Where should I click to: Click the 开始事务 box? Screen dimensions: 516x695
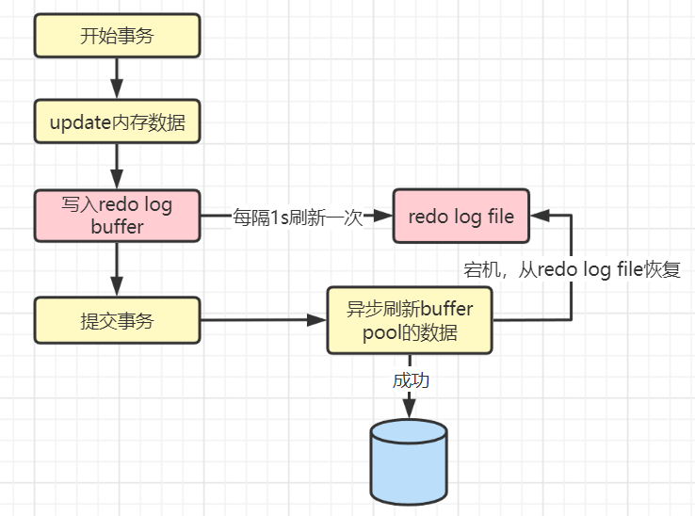click(x=118, y=37)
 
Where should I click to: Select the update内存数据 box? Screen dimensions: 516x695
click(x=118, y=121)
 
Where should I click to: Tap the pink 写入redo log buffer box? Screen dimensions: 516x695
click(x=118, y=216)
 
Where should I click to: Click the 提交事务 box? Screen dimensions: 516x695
click(x=118, y=320)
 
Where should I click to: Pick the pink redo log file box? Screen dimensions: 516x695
click(x=461, y=216)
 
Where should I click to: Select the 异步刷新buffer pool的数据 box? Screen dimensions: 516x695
click(x=410, y=321)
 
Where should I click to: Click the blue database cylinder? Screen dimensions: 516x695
click(x=409, y=462)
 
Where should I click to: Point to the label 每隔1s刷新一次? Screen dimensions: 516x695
click(x=298, y=218)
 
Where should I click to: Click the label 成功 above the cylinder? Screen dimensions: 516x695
click(x=410, y=380)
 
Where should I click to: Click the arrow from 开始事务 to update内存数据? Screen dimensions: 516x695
click(x=118, y=78)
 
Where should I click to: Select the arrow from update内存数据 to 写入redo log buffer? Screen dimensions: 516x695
click(x=118, y=166)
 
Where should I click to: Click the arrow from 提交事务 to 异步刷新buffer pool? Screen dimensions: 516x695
click(x=264, y=320)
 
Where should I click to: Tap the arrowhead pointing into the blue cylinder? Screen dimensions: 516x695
click(x=410, y=410)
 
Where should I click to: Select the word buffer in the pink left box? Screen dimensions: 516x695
click(x=118, y=227)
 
